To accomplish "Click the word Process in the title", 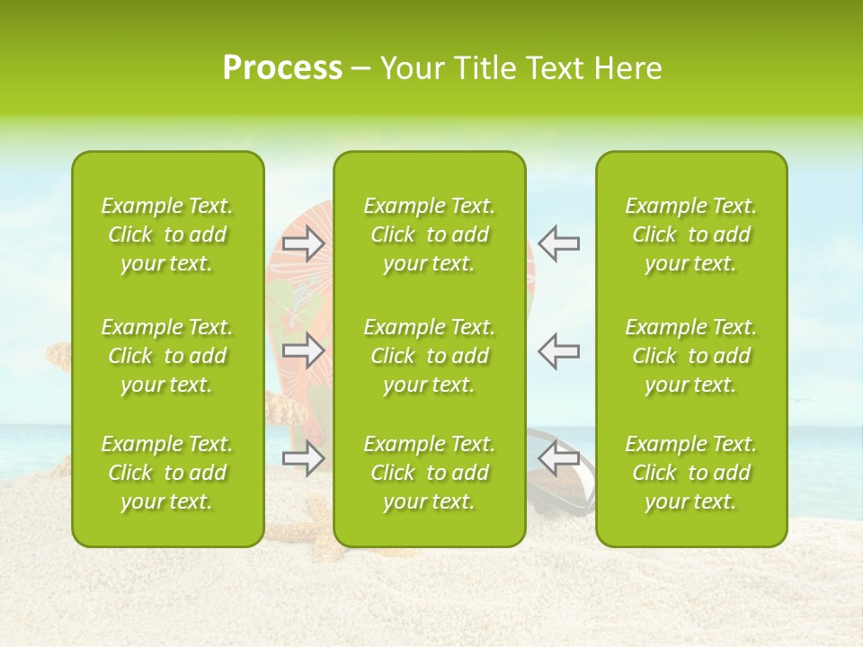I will click(282, 68).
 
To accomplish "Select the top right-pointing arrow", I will click(304, 244).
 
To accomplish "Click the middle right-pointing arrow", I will click(304, 350).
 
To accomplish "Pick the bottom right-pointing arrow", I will click(304, 458).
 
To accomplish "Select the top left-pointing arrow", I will click(559, 244).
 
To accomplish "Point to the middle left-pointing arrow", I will click(559, 350).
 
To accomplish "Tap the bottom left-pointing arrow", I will click(559, 458).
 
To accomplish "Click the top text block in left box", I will click(167, 235).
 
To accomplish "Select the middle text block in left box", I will click(167, 356).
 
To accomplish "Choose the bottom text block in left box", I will click(167, 473).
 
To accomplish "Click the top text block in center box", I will click(430, 235).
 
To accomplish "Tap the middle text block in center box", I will click(430, 356).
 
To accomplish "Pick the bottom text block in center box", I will click(430, 473).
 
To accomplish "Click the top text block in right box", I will click(691, 235).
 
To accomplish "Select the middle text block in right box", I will click(691, 356).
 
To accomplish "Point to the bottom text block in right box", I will click(691, 473).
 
